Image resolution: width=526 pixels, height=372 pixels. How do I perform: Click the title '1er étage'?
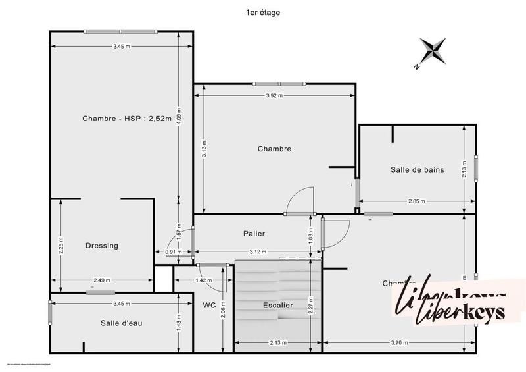pyautogui.click(x=262, y=12)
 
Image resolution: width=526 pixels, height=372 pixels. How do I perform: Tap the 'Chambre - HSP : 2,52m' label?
pyautogui.click(x=126, y=119)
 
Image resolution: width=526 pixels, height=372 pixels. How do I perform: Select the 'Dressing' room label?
pyautogui.click(x=102, y=246)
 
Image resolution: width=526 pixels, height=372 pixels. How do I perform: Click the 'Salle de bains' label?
pyautogui.click(x=417, y=169)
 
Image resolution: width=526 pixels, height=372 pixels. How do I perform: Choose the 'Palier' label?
pyautogui.click(x=253, y=233)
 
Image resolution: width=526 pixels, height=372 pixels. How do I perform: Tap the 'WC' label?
pyautogui.click(x=210, y=305)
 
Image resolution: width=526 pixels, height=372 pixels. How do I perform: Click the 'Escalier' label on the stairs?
pyautogui.click(x=277, y=305)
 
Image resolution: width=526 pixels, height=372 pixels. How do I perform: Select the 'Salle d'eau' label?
pyautogui.click(x=122, y=323)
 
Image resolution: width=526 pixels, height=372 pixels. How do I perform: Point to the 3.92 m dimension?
pyautogui.click(x=274, y=95)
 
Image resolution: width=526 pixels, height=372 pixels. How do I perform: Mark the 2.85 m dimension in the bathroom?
pyautogui.click(x=416, y=201)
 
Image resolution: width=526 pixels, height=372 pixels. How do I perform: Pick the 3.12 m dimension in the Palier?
pyautogui.click(x=258, y=252)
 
